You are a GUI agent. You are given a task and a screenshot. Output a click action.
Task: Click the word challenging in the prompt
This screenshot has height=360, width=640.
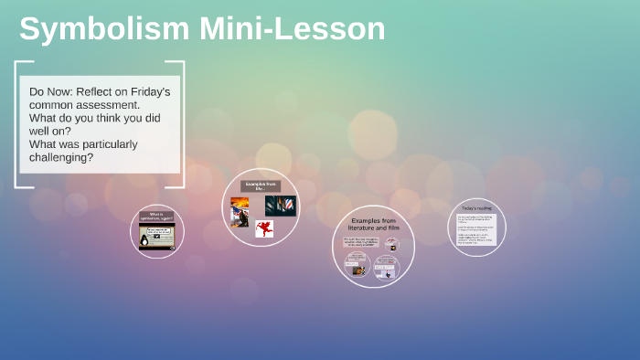pos(61,157)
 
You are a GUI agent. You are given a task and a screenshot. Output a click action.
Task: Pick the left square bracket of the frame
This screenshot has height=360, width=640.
pos(17,124)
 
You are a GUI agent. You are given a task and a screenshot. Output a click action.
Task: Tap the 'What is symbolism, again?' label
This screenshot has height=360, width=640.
pos(156,217)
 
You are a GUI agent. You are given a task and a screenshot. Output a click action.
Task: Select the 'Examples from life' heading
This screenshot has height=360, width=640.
pos(261,185)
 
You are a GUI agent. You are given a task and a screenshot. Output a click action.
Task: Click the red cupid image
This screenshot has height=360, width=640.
pos(264,228)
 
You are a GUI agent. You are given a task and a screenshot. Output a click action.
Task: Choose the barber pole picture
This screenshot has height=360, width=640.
pos(281,206)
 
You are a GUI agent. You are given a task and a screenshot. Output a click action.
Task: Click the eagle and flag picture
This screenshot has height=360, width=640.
pos(240,210)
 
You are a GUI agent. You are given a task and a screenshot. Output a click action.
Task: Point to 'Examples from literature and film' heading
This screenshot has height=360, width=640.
pos(372,225)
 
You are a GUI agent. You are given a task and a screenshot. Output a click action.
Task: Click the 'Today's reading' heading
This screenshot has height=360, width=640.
pos(477,208)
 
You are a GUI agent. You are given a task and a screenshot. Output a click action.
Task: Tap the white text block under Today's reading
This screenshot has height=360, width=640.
pos(477,229)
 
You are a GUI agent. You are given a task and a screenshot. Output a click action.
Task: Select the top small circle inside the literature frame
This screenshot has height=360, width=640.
pos(391,244)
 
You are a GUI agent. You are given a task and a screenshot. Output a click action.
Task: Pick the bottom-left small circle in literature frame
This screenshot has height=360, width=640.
pos(357,266)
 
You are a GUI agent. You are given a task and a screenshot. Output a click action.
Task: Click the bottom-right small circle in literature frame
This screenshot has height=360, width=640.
pos(388,268)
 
